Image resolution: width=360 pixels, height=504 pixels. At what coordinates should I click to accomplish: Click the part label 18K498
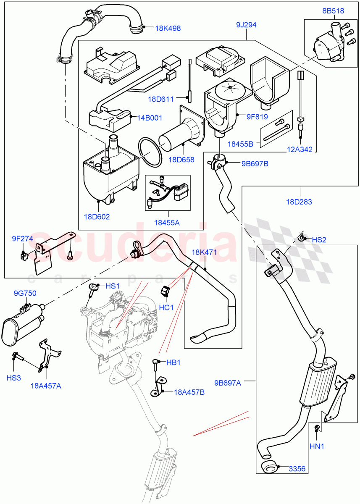tap(168, 29)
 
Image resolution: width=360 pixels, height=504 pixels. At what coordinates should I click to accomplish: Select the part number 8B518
tap(333, 11)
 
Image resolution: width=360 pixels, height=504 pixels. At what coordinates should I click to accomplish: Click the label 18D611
tap(160, 99)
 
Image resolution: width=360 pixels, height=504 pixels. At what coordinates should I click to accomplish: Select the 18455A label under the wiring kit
tap(166, 223)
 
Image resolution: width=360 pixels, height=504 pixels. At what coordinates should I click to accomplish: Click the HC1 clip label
tap(166, 307)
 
